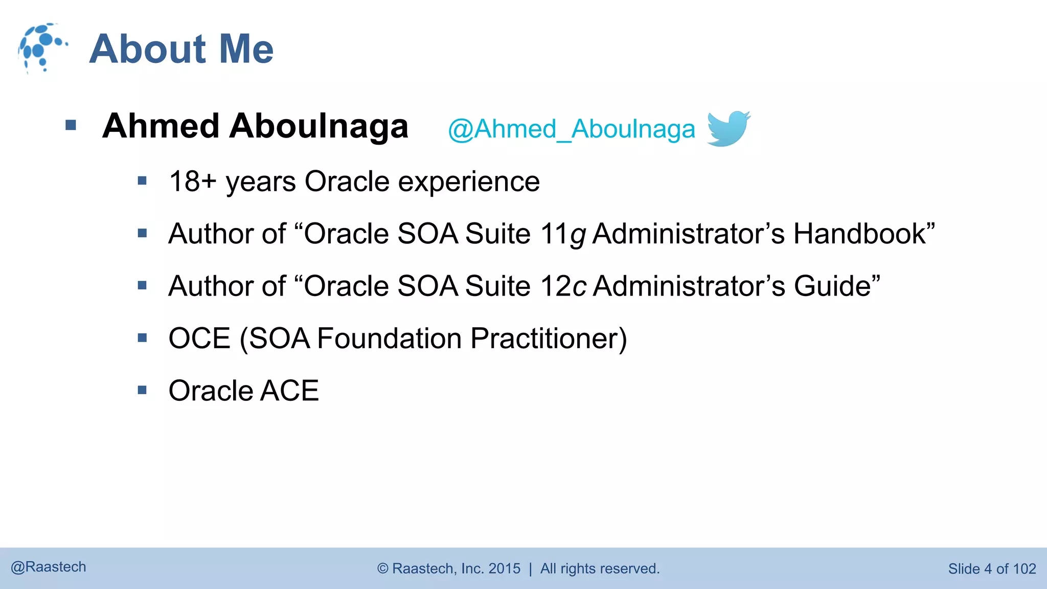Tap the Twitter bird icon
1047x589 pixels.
(728, 128)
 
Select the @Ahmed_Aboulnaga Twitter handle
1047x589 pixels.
(571, 129)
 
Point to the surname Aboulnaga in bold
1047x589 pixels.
(318, 126)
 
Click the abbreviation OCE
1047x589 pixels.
(199, 338)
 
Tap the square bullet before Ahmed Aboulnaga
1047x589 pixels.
(71, 125)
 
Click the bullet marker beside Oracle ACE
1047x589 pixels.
(142, 391)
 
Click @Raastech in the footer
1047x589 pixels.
(49, 567)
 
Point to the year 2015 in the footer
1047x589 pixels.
(504, 569)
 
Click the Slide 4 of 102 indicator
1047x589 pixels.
(991, 569)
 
